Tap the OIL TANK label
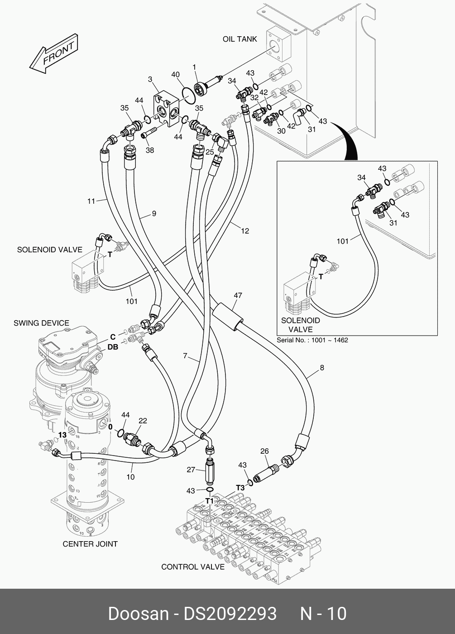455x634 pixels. [x=239, y=39]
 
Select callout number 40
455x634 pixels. [x=176, y=75]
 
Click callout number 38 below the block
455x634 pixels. [x=149, y=150]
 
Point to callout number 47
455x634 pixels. [x=238, y=296]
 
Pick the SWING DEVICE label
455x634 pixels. [x=41, y=323]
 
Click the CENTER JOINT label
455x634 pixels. [x=90, y=544]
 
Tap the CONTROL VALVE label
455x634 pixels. [x=193, y=567]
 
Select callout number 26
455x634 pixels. [x=264, y=451]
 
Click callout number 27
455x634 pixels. [x=191, y=470]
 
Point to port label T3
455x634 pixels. [x=240, y=488]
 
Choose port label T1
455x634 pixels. [x=210, y=501]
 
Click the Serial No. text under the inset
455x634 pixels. [x=312, y=340]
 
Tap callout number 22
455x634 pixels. [x=143, y=421]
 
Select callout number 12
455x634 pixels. [x=245, y=231]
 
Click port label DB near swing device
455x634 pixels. [x=113, y=347]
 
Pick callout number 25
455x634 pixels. [x=209, y=153]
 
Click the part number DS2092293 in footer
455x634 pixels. [x=230, y=614]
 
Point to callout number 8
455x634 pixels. [x=322, y=368]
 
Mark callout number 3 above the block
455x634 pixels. [x=150, y=80]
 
